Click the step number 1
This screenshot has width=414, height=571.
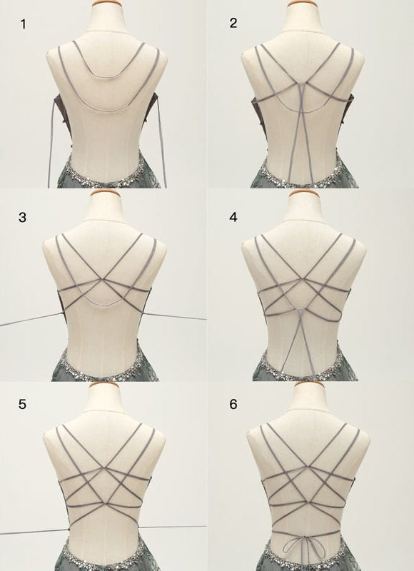click(23, 25)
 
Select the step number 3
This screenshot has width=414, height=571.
click(23, 217)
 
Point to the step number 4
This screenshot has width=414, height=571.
click(233, 217)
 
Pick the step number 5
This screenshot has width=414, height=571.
click(23, 405)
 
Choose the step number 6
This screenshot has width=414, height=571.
click(233, 405)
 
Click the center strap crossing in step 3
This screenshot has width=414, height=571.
click(104, 283)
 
